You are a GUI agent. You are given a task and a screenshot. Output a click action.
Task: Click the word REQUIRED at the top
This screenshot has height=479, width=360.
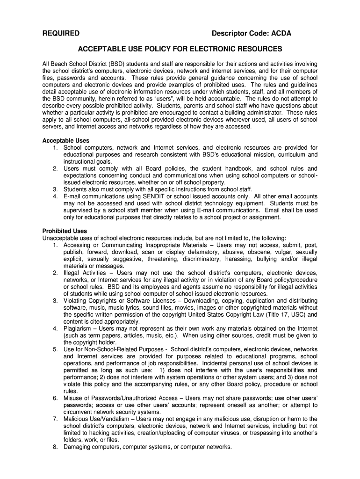point(61,33)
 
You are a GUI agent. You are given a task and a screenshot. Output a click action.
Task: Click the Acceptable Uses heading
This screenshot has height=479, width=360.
point(66,141)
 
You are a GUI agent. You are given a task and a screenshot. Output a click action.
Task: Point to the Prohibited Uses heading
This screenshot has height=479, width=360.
point(65,231)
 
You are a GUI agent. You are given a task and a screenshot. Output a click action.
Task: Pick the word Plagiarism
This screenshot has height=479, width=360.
point(80,329)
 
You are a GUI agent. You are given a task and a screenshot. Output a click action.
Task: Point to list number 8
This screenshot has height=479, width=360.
point(55,447)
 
